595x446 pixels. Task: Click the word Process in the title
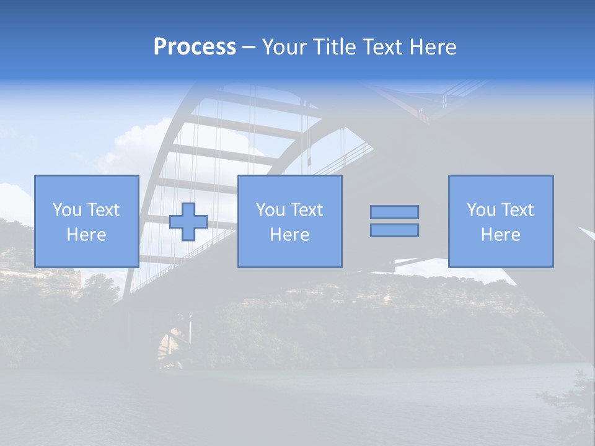tap(195, 47)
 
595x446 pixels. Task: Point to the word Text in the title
tap(381, 47)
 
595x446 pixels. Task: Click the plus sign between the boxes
tap(188, 222)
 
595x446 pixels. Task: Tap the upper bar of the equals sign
tap(394, 212)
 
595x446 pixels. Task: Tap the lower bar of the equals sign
tap(394, 230)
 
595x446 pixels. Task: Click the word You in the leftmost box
tap(66, 210)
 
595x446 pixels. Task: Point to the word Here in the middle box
tap(290, 235)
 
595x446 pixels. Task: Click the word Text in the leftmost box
tap(103, 210)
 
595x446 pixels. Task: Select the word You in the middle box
tap(270, 210)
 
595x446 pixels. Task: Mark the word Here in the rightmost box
tap(501, 235)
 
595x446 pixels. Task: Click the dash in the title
tap(249, 48)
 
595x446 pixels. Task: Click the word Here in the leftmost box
tap(87, 235)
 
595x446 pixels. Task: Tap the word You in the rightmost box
tap(481, 210)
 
